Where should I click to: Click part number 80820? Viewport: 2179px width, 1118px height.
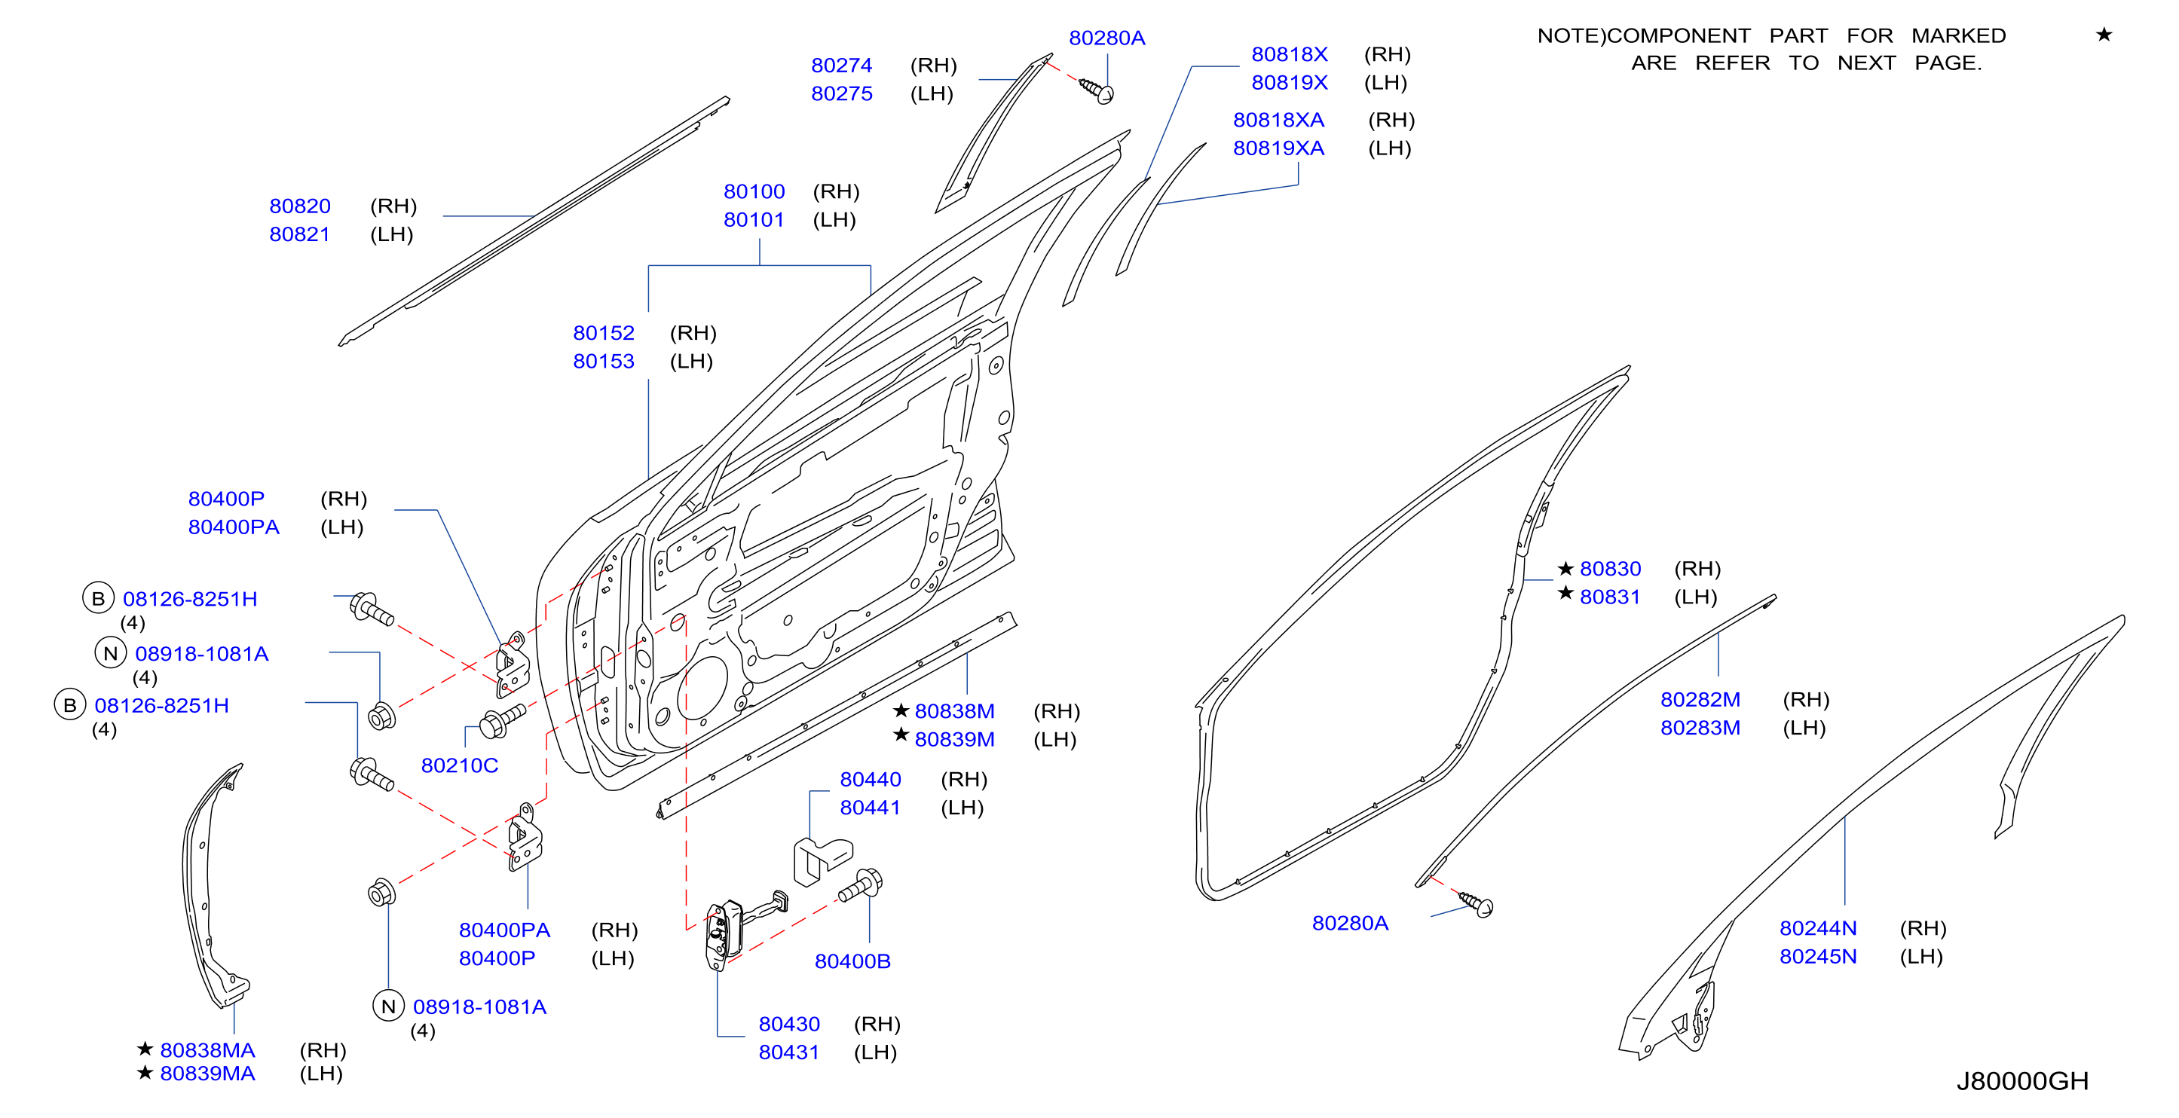pos(299,206)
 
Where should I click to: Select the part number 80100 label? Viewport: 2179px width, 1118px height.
pos(754,191)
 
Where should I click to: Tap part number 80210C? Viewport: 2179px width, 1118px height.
pos(459,765)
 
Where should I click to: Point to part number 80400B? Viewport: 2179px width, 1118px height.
pos(852,961)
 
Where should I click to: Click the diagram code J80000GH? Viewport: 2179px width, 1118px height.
pos(2021,1081)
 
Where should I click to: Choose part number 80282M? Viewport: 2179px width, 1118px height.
pos(1700,699)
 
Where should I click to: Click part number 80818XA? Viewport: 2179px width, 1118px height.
pos(1278,119)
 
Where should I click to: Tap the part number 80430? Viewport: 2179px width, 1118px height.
pos(789,1024)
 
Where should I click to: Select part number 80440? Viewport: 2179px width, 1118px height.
pos(871,779)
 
